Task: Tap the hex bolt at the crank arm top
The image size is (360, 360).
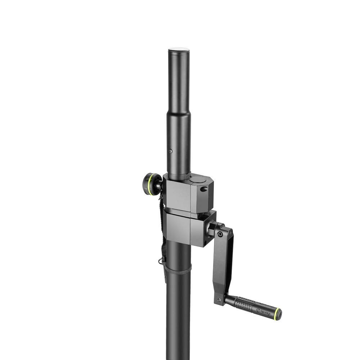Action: pyautogui.click(x=220, y=234)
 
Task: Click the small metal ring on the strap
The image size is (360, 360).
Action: pyautogui.click(x=160, y=261)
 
